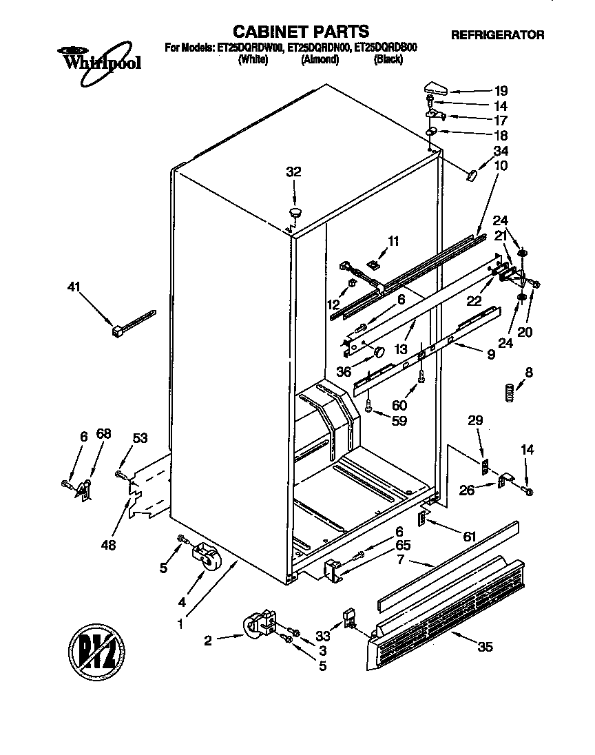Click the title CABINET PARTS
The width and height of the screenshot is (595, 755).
(300, 31)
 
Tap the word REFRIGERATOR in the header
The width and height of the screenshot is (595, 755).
(497, 34)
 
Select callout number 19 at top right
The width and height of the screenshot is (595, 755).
(501, 90)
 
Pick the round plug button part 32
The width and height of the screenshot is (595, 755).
(295, 213)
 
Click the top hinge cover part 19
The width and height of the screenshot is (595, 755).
(435, 87)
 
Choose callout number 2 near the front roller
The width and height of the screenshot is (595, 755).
(208, 641)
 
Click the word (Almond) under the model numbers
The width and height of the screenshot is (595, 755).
(320, 60)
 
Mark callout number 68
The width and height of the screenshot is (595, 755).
(103, 435)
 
